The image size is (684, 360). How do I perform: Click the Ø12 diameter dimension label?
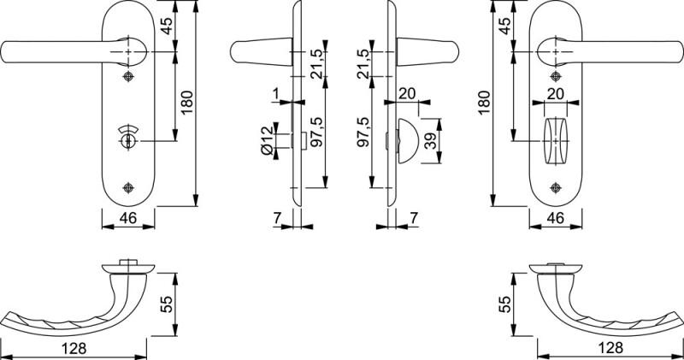point(267,140)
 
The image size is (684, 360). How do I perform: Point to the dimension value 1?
point(276,91)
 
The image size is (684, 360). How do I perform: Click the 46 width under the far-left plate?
point(129,219)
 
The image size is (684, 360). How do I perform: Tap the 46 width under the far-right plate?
point(555,219)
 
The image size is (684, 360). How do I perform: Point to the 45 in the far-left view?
point(167,26)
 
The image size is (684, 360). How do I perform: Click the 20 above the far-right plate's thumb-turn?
point(555,93)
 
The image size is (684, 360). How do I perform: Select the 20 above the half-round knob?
point(406,93)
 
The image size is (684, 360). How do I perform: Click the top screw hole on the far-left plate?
point(129,77)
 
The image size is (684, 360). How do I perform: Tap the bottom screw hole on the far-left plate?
point(129,187)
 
